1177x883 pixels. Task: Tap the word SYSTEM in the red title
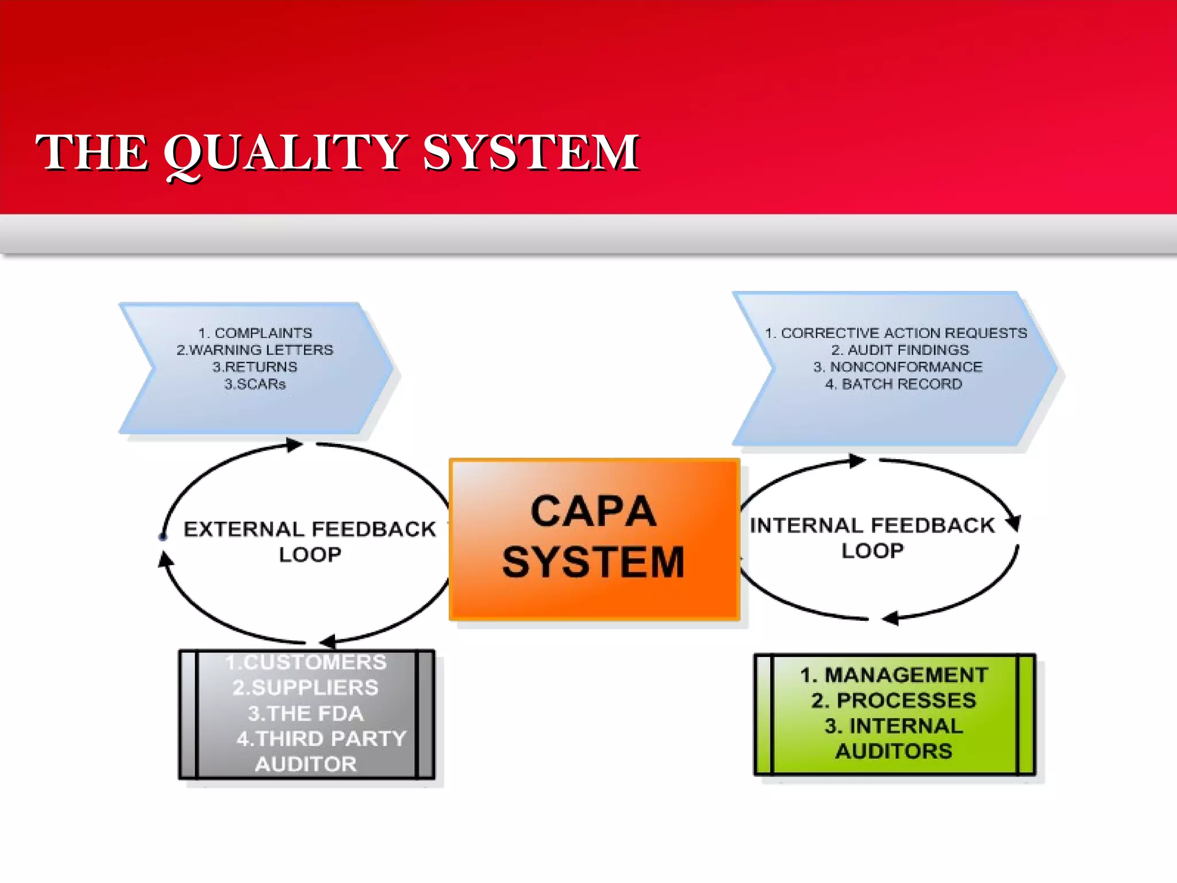point(530,152)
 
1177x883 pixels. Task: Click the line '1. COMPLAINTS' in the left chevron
point(255,333)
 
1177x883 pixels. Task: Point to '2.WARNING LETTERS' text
point(255,350)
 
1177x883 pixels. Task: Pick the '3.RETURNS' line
point(255,367)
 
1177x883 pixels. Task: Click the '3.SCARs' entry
point(255,383)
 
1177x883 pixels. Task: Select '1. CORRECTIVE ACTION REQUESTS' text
point(895,333)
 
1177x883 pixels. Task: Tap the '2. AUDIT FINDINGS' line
point(900,350)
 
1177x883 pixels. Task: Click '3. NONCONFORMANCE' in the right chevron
point(898,367)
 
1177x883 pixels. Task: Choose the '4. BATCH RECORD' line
point(894,383)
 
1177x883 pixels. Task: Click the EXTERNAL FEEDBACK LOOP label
point(310,541)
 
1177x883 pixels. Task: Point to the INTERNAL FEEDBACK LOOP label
point(872,538)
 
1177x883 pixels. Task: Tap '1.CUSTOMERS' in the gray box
point(306,662)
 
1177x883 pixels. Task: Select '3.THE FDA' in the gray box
point(306,713)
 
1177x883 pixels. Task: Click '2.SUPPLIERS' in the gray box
point(306,688)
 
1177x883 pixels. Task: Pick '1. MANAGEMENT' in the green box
point(894,675)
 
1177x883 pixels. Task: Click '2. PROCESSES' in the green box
point(894,700)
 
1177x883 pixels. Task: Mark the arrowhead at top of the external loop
point(295,444)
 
